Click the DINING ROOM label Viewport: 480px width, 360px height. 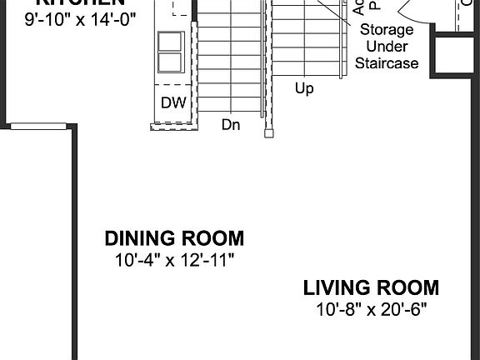(174, 238)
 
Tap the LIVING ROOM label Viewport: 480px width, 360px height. (371, 288)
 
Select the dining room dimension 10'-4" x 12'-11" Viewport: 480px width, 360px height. (174, 260)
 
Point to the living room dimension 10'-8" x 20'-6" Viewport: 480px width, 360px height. (371, 310)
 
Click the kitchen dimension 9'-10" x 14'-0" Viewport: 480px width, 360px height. (79, 14)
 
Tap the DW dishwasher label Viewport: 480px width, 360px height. (172, 103)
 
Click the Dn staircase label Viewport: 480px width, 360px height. (231, 124)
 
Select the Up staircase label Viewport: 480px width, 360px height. (304, 87)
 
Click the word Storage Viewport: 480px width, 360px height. (387, 29)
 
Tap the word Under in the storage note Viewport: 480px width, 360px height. (387, 46)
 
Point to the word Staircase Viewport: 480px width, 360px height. (387, 62)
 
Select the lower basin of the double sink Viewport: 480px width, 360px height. (170, 61)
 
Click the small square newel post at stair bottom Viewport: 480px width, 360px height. (268, 132)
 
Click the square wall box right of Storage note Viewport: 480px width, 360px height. (457, 53)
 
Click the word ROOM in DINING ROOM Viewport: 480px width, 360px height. (212, 238)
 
